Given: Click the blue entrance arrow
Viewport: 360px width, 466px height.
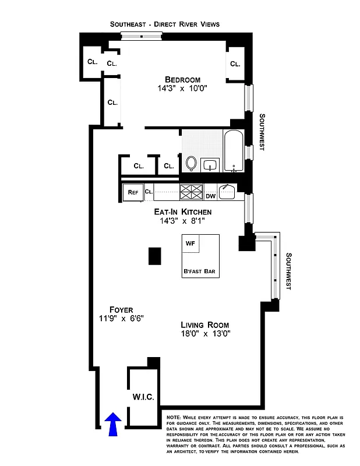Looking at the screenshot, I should [113, 423].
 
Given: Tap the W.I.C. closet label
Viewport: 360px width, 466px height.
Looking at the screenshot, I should [143, 397].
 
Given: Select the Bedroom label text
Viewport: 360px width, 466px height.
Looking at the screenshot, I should [182, 80].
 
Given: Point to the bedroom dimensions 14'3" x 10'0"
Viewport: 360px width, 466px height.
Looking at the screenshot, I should [182, 89].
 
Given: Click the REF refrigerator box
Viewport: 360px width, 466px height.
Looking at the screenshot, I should [133, 192].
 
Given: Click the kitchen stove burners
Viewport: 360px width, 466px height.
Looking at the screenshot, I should [190, 191].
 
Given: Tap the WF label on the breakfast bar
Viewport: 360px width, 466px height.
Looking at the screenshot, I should [190, 243].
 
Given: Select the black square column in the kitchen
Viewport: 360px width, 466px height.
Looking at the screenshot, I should [154, 256].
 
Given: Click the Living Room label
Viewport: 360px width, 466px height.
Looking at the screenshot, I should [204, 324].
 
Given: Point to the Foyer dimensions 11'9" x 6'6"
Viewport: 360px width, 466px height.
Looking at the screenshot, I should [121, 318].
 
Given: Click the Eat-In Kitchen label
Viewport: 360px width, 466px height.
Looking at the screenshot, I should [182, 211].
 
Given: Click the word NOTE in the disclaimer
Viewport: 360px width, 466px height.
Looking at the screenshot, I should [173, 418].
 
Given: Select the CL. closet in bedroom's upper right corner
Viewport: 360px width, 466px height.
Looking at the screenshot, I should [235, 64].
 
